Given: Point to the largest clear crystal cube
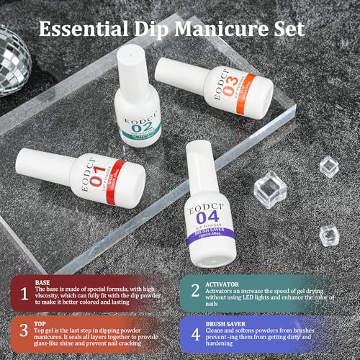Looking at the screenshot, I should pos(271,194).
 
